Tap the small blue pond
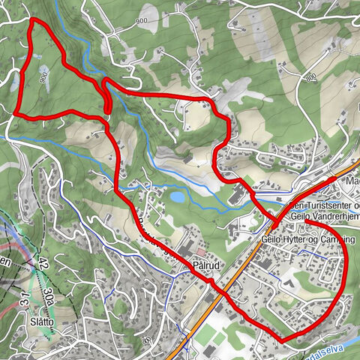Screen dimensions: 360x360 click(x=177, y=196)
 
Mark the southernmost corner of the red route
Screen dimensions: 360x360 click(x=283, y=341)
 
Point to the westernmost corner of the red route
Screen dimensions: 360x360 click(x=15, y=112)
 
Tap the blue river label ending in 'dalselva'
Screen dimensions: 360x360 click(x=334, y=347)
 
